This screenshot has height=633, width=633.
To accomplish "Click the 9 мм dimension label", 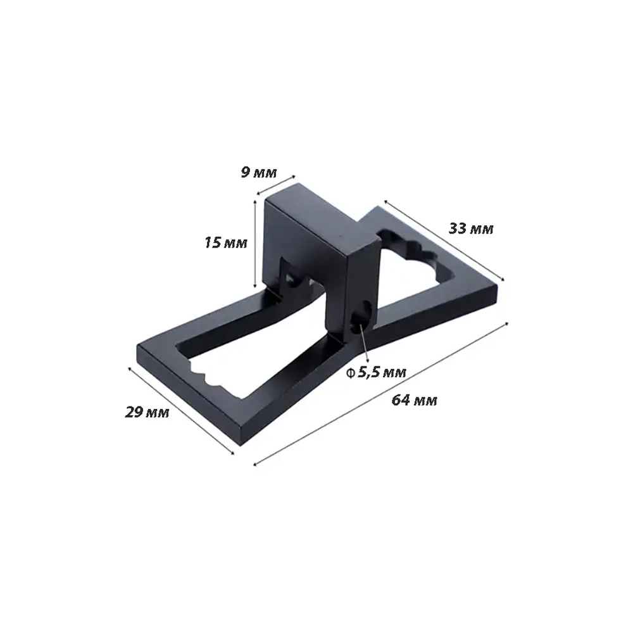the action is [259, 173].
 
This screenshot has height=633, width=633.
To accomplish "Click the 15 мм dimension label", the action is [226, 242].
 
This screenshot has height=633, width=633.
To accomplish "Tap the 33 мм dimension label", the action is [471, 229].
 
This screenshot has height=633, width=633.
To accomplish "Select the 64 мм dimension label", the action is [414, 400].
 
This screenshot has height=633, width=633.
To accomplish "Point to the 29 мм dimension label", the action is [147, 412].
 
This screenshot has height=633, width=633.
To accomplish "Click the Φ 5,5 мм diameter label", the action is [376, 372].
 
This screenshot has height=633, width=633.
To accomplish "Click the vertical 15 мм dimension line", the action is [255, 244].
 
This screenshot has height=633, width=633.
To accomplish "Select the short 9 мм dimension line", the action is [276, 184].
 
